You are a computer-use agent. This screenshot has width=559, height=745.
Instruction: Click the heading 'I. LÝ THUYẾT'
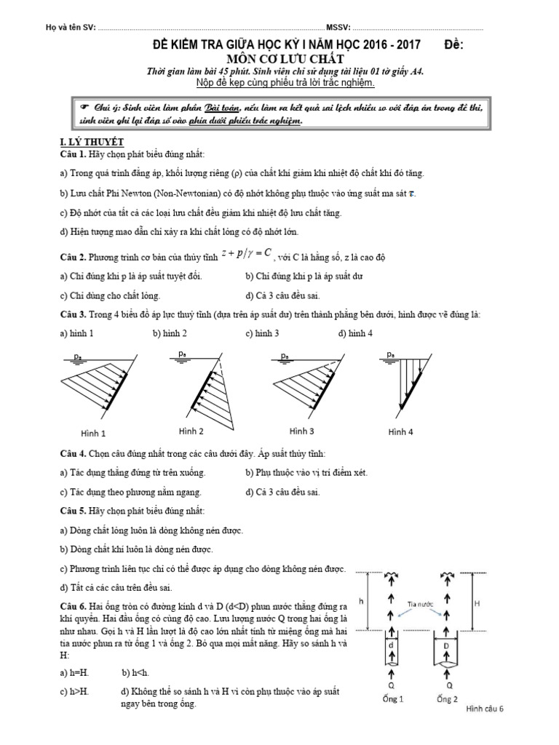click(x=91, y=141)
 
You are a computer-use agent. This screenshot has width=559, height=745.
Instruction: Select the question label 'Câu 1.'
click(x=73, y=155)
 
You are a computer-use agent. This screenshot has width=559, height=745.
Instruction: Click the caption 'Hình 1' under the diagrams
click(x=93, y=434)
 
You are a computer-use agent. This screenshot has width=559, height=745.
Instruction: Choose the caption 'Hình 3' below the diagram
click(x=301, y=430)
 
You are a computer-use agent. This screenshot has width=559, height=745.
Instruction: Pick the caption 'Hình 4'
click(x=400, y=431)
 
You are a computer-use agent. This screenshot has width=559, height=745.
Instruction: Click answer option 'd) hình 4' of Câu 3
click(x=356, y=333)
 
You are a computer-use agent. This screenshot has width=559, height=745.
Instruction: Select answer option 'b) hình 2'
click(x=170, y=333)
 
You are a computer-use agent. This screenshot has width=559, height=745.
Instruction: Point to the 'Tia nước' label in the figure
click(x=421, y=602)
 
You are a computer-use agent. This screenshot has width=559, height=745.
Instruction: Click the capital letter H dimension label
click(x=497, y=603)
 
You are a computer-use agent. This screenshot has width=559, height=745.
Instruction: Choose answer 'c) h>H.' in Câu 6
click(x=77, y=691)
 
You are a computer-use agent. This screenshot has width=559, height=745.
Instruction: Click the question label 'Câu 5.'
click(x=73, y=511)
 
